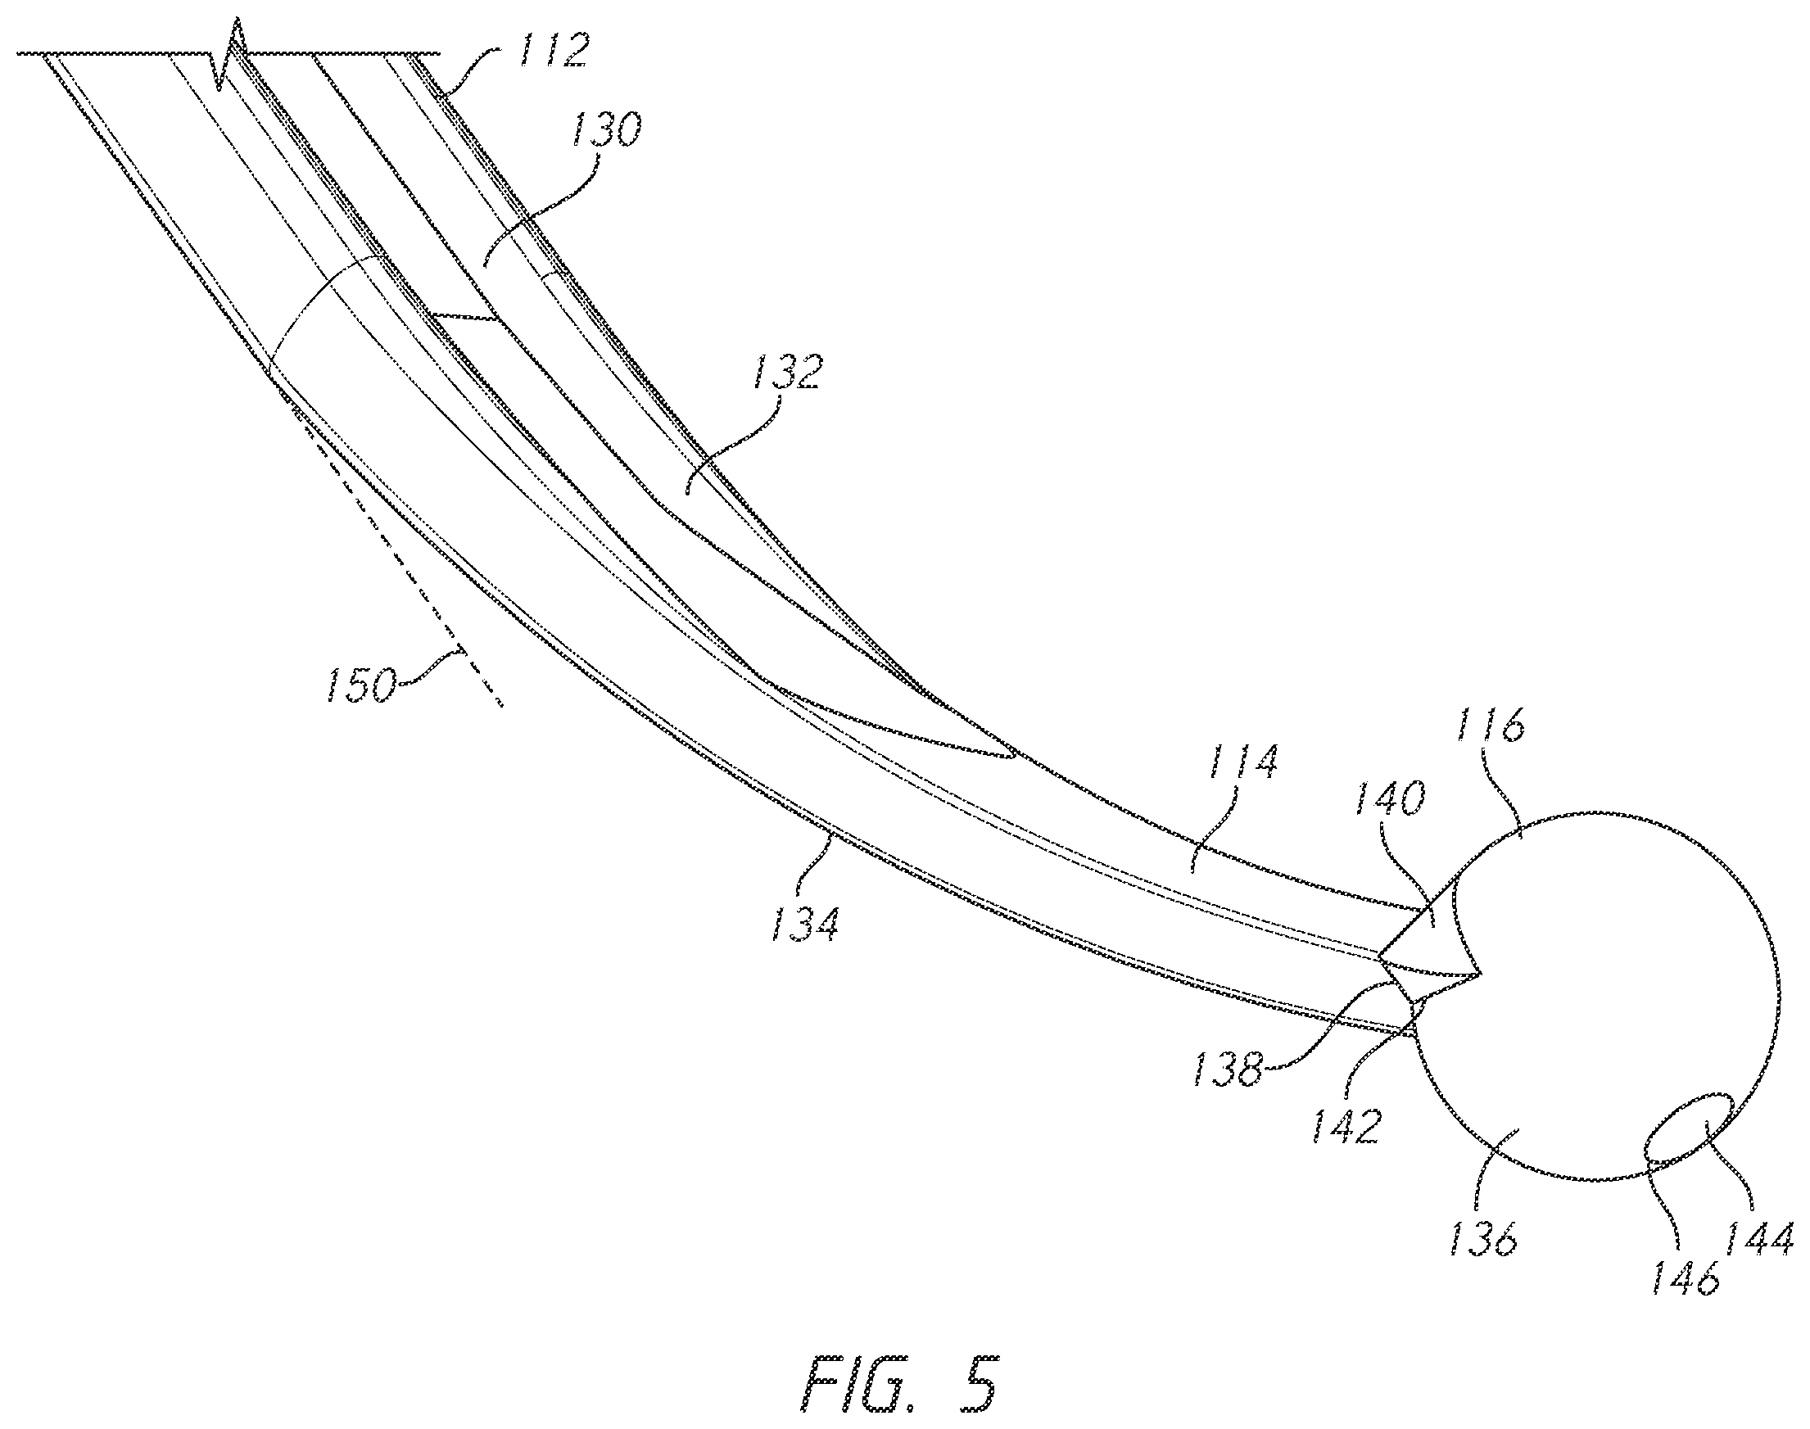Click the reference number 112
click(x=551, y=52)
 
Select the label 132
click(x=786, y=373)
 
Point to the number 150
click(x=360, y=685)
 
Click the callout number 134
click(x=803, y=924)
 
